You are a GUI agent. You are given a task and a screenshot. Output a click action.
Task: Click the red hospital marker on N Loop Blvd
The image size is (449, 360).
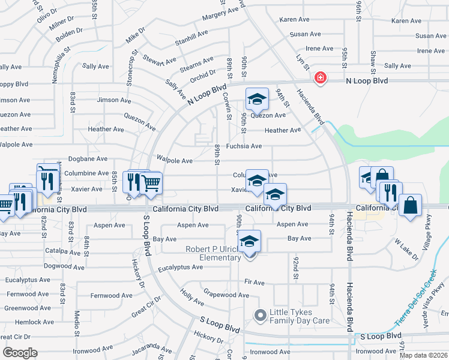click(321, 77)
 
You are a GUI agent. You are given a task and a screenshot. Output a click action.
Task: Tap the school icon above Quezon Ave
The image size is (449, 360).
click(256, 98)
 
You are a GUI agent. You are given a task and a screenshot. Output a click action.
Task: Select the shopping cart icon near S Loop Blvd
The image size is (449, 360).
click(151, 182)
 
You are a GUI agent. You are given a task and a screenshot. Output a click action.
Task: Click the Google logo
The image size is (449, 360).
click(19, 353)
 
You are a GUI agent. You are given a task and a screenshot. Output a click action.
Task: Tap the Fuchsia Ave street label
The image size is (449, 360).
click(244, 146)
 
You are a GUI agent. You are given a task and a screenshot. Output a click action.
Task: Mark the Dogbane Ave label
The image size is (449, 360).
click(89, 159)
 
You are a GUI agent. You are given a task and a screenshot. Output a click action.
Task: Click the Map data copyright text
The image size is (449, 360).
click(424, 355)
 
